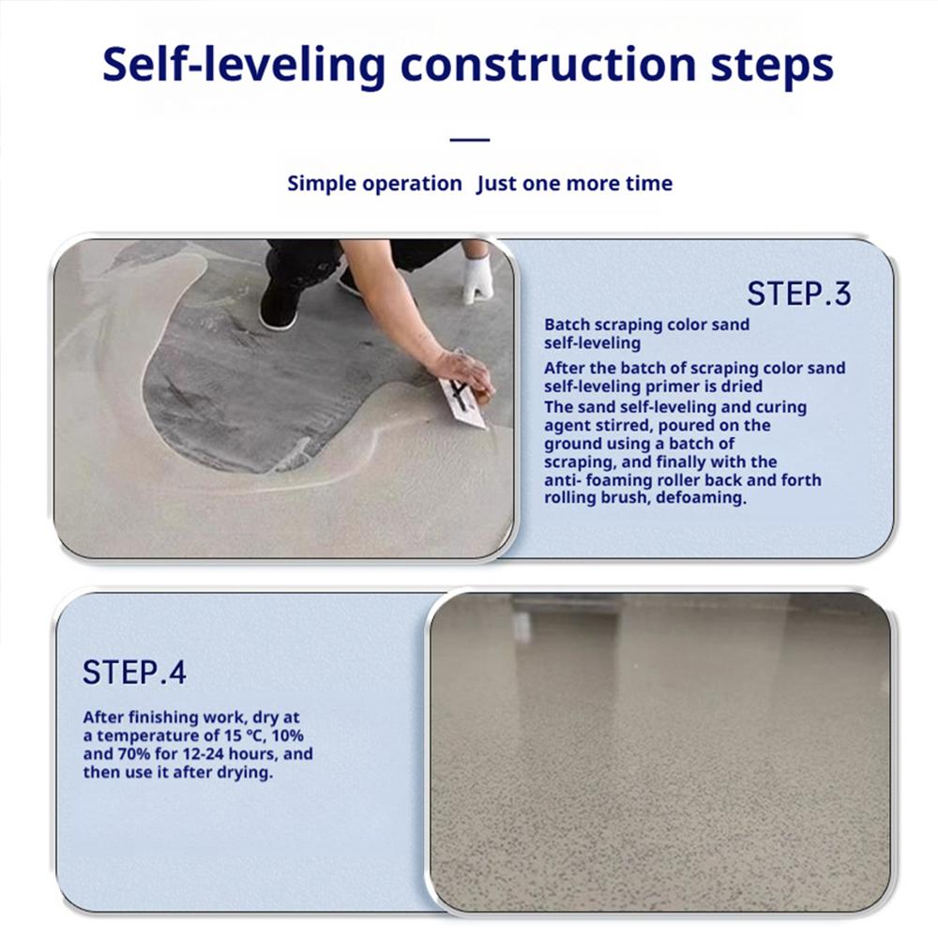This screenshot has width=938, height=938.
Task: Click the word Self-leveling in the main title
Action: click(244, 66)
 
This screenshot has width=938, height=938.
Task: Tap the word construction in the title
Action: click(548, 65)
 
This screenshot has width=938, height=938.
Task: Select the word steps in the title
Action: click(772, 67)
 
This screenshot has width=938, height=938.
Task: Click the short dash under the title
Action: click(470, 140)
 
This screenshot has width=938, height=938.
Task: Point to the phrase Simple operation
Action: click(374, 184)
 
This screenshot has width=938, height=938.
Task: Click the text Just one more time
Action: click(574, 183)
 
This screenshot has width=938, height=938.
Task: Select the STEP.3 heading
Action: click(799, 294)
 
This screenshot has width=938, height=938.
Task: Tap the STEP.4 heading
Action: click(134, 672)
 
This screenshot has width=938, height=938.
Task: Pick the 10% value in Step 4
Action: click(287, 735)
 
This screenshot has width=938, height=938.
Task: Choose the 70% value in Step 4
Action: click(134, 754)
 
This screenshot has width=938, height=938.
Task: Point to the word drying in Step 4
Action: click(244, 773)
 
